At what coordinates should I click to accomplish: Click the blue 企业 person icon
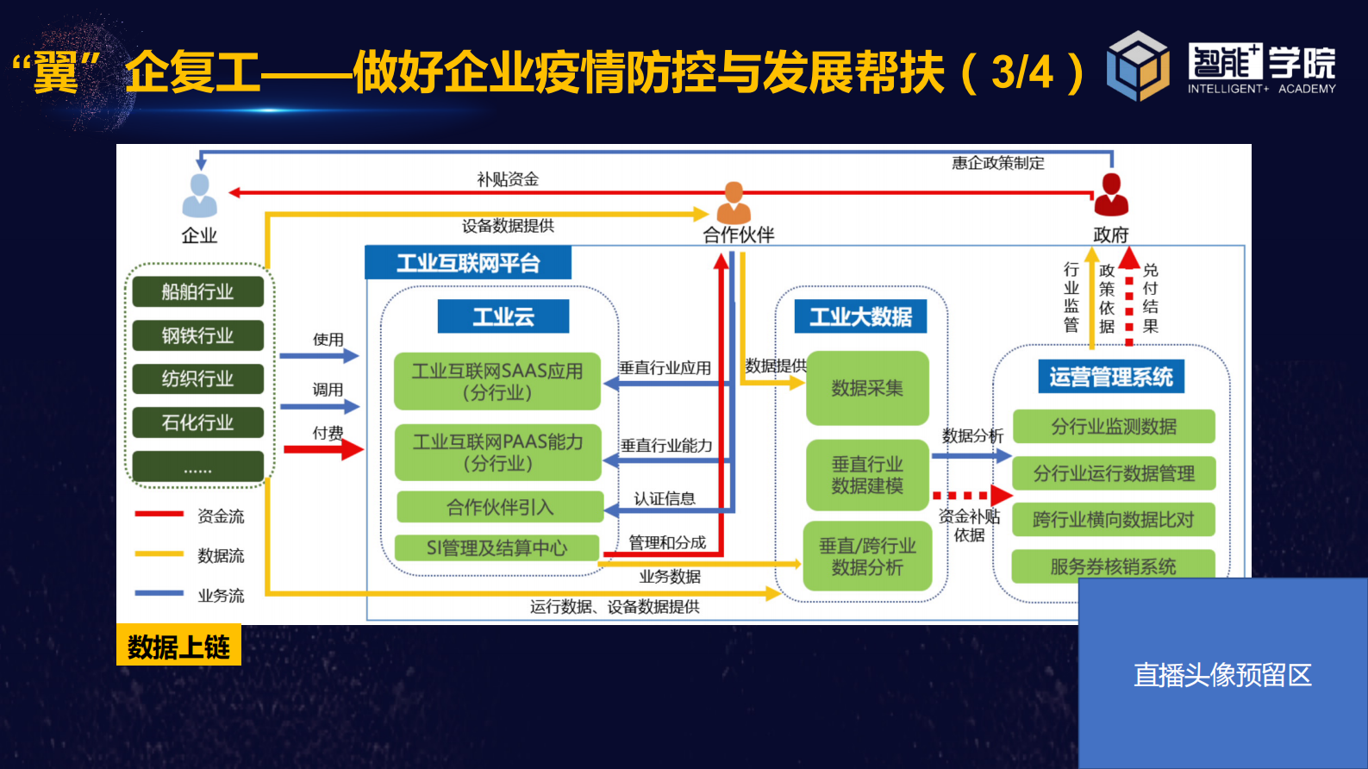[199, 196]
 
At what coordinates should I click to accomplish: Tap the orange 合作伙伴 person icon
[734, 203]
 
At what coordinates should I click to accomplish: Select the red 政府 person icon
[1111, 195]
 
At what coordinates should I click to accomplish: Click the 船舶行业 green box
[197, 291]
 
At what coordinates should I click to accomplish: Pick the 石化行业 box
[197, 422]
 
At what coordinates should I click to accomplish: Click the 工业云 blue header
[503, 316]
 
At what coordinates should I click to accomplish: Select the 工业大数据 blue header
[860, 316]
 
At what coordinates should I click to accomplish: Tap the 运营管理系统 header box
[1110, 377]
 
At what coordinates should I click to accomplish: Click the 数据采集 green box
[867, 388]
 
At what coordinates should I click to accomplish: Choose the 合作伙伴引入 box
[500, 507]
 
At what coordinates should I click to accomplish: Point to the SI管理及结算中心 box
[497, 547]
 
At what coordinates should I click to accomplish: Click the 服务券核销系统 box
[1113, 566]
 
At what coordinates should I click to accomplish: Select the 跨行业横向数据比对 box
[1113, 520]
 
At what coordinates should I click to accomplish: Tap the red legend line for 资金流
[159, 515]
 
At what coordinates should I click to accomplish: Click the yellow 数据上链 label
[178, 646]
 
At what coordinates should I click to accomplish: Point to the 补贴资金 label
[508, 179]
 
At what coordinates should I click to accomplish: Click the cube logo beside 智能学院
[1138, 66]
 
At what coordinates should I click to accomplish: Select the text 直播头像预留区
[1221, 674]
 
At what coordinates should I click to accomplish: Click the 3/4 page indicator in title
[1022, 72]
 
